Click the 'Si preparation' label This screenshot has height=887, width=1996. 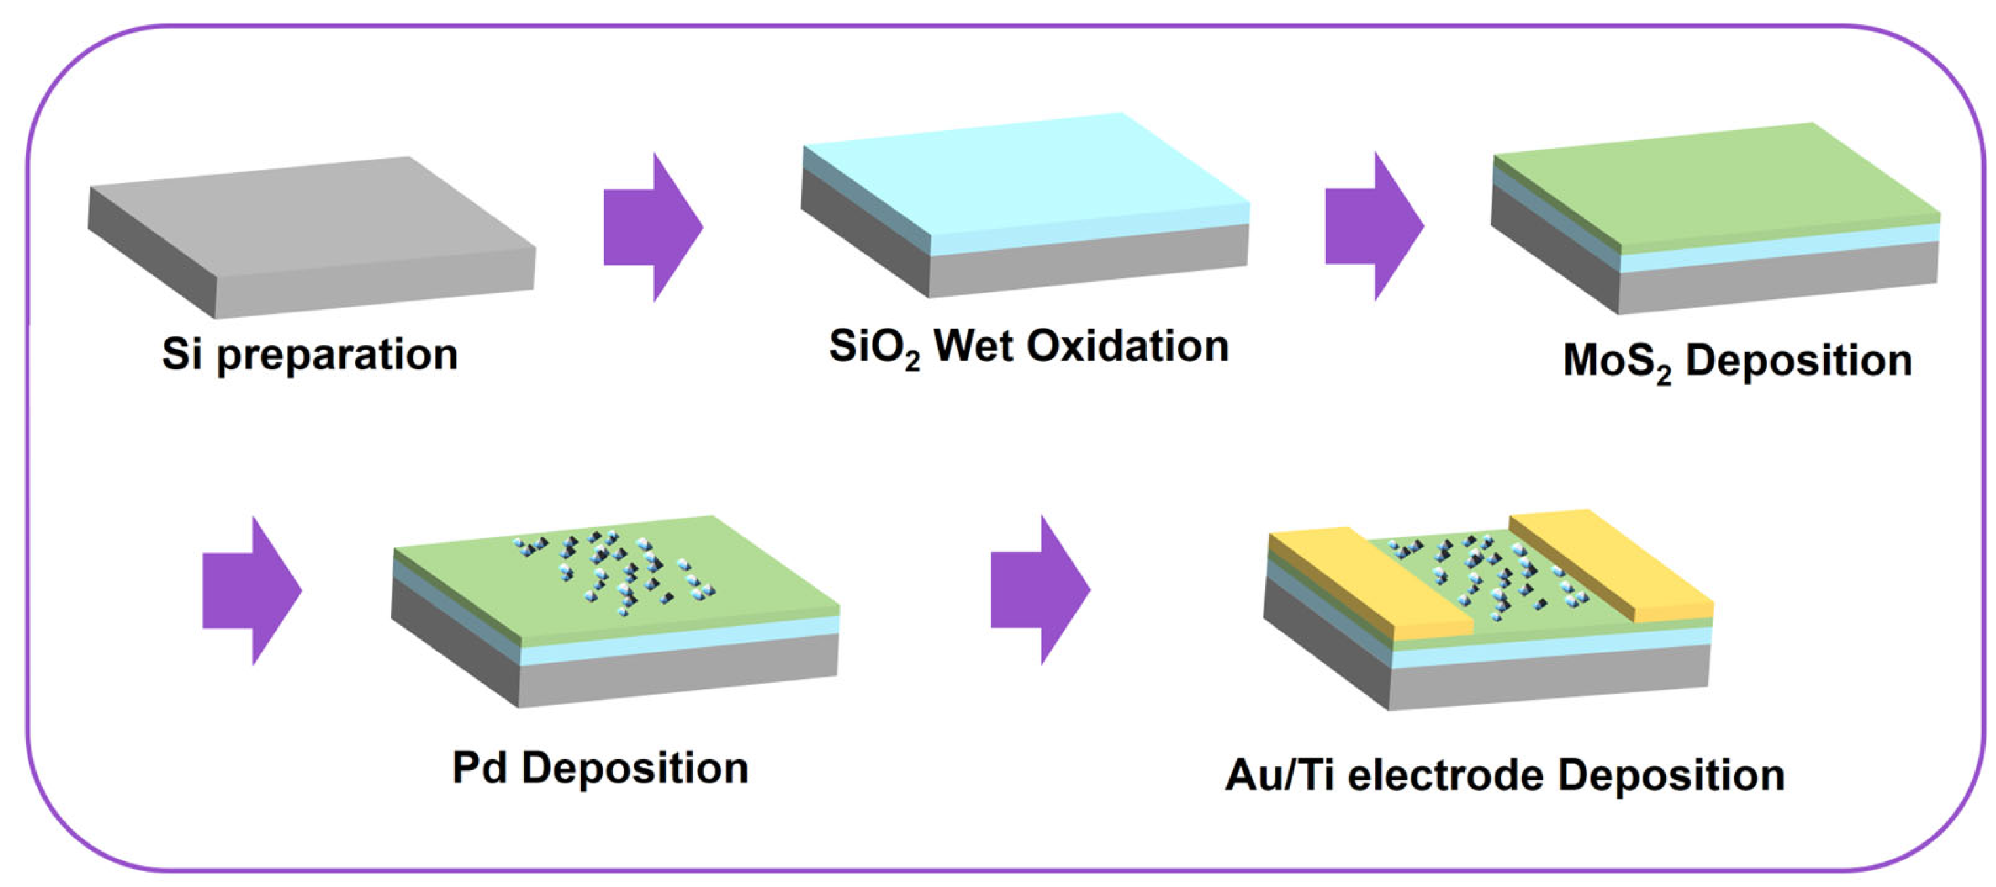click(x=310, y=356)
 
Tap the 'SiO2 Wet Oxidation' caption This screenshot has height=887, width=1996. click(x=1028, y=348)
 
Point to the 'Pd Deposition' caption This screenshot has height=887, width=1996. click(x=600, y=769)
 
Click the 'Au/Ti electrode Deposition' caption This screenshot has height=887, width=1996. click(x=1505, y=776)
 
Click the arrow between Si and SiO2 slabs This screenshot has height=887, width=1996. click(x=653, y=227)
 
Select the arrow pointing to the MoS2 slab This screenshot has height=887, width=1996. click(x=1373, y=226)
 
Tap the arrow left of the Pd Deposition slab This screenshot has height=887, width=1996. click(x=252, y=590)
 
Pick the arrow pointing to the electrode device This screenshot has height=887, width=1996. click(x=1041, y=590)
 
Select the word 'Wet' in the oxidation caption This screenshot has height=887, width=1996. click(x=973, y=347)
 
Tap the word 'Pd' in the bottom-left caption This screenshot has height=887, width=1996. click(x=479, y=769)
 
